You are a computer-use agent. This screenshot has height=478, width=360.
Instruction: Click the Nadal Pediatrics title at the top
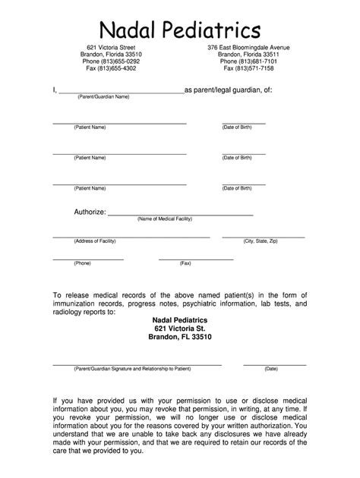pos(180,28)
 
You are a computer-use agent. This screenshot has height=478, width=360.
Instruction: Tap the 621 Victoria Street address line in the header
pos(111,48)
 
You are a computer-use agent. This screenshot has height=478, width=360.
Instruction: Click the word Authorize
pos(89,212)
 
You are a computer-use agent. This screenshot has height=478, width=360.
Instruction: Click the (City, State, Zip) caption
pos(261,241)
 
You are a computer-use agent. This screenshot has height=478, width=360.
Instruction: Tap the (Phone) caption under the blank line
pos(83,263)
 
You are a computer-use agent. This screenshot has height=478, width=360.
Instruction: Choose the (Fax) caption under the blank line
pos(185,263)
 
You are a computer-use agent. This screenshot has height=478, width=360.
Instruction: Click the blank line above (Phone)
pos(87,259)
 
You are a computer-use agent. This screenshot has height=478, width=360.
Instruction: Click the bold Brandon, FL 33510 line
pos(180,337)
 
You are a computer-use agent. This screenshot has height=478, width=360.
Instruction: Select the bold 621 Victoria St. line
pos(180,328)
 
